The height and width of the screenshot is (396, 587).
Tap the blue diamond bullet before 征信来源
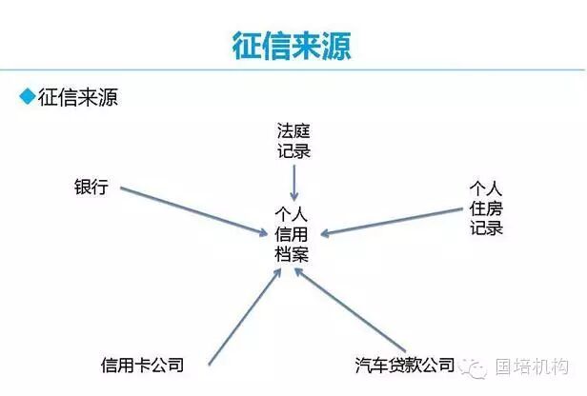27,96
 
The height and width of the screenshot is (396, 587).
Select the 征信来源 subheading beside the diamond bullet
77,96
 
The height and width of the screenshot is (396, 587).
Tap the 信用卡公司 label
141,365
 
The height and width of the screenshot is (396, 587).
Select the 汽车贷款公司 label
404,365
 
